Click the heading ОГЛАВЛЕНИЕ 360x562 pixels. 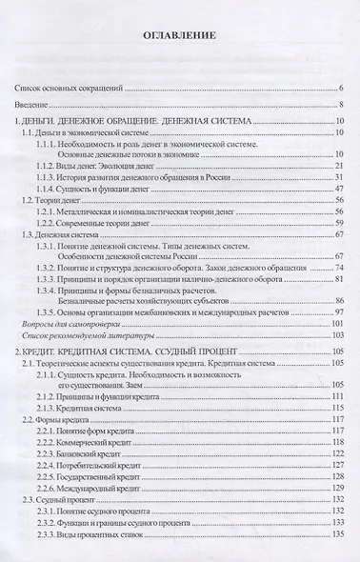click(x=179, y=37)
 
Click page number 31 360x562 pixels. click(x=338, y=177)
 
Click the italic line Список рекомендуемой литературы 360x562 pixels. click(x=83, y=338)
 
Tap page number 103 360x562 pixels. click(x=336, y=338)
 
